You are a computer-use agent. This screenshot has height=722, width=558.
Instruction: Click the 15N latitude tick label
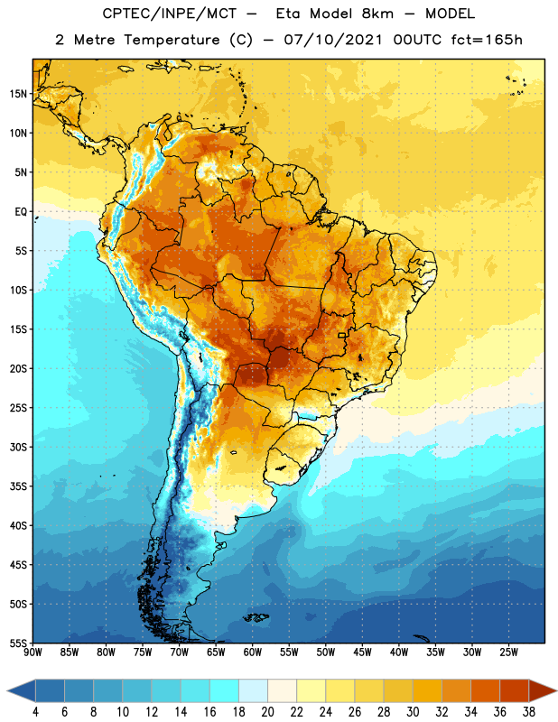pos(18,94)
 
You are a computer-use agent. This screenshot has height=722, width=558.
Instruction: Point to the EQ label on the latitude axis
pos(21,212)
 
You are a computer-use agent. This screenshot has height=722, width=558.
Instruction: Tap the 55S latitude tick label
pos(18,643)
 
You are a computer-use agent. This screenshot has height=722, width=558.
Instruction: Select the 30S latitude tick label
pos(18,447)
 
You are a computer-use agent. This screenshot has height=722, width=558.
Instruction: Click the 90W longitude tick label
pos(33,652)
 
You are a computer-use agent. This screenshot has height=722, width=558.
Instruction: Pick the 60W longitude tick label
pos(253,652)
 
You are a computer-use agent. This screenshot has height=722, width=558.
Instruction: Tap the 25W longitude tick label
pos(508,652)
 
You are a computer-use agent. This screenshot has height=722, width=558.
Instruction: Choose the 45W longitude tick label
pos(362,652)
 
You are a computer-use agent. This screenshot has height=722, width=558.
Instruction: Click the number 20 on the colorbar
pos(267,712)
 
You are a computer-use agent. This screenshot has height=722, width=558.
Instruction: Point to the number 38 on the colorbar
pos(529,712)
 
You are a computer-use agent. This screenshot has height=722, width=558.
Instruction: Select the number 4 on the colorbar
pos(35,712)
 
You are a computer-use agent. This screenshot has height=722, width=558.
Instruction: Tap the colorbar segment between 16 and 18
pos(224,690)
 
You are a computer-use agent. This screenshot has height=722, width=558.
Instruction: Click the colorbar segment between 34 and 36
pos(485,690)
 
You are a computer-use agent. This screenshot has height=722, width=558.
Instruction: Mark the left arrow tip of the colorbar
pos(7,690)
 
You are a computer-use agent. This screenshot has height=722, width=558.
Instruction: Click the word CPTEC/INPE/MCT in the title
pos(169,14)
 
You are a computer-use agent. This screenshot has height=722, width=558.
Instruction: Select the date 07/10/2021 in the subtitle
pos(332,40)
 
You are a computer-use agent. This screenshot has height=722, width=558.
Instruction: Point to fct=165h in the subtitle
pos(486,40)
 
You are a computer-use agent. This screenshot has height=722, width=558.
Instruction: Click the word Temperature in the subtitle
pos(172,40)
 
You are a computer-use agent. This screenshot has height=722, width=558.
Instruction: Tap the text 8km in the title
pos(377,14)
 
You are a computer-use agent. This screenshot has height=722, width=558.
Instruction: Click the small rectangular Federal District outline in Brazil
pos(342,335)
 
